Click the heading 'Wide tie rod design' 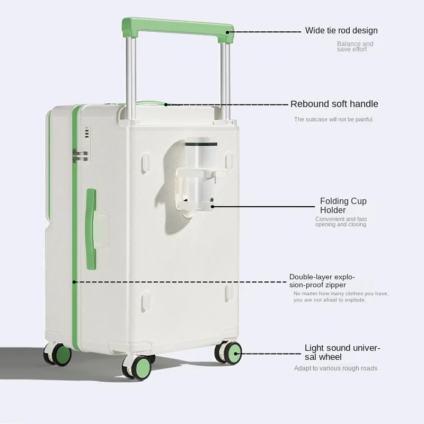pyautogui.click(x=341, y=31)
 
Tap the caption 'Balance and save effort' pyautogui.click(x=355, y=47)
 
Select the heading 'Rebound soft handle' pyautogui.click(x=334, y=104)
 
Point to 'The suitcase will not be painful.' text pyautogui.click(x=334, y=119)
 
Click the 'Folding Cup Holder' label pyautogui.click(x=343, y=206)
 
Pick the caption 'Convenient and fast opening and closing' pyautogui.click(x=341, y=222)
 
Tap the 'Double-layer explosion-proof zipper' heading pyautogui.click(x=322, y=281)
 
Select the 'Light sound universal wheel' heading pyautogui.click(x=342, y=352)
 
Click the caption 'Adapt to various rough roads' pyautogui.click(x=335, y=368)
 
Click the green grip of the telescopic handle pyautogui.click(x=178, y=25)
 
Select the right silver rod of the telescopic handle pyautogui.click(x=225, y=74)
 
